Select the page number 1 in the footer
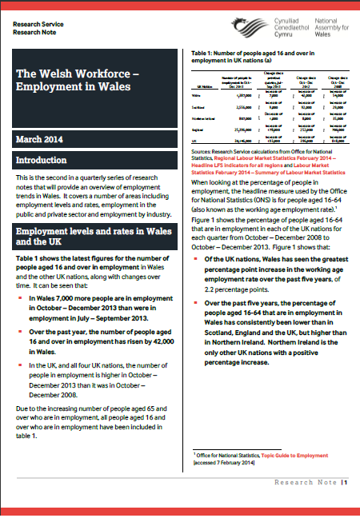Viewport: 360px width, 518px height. tap(346, 505)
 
